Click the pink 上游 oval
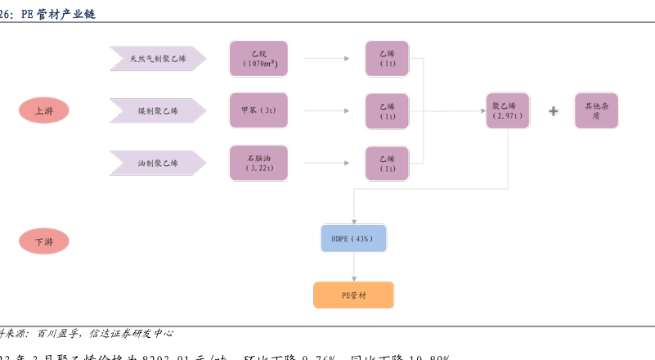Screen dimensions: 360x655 point(43,110)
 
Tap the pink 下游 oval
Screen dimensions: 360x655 point(43,241)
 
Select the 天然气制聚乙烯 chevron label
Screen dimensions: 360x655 point(158,59)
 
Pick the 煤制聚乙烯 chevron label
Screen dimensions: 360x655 point(158,110)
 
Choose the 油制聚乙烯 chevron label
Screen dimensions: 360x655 point(158,164)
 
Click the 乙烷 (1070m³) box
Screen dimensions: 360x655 point(258,58)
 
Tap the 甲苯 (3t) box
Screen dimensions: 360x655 point(258,110)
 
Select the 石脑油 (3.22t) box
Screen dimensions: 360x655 point(258,163)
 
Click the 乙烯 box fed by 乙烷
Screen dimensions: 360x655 point(387,58)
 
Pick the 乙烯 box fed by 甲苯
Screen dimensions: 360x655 point(387,111)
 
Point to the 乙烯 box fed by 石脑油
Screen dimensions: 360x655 point(387,163)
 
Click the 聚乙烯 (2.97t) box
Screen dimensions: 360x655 point(507,111)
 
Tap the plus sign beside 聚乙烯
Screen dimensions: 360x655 point(554,111)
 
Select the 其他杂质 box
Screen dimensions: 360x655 point(596,111)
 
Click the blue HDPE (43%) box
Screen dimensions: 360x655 point(353,239)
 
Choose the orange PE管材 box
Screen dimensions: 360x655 point(353,295)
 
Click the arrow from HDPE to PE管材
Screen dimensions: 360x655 point(353,267)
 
